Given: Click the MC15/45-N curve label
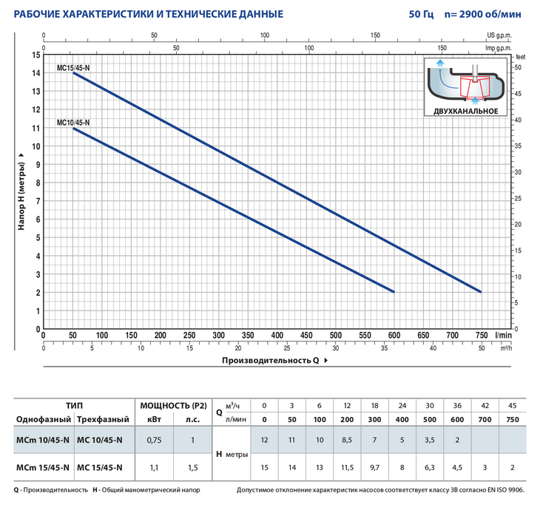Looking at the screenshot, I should tap(73, 67).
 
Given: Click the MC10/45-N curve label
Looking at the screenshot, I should tap(73, 123).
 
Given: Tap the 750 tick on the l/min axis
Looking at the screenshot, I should tap(482, 336).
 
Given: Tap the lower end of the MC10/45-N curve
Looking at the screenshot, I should tap(394, 292).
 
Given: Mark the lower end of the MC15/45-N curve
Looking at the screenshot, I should tap(481, 292).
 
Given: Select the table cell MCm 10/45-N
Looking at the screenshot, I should tap(43, 441).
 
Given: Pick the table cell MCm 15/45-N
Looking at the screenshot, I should tap(43, 466).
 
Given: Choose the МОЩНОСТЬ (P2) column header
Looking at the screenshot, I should tap(172, 406).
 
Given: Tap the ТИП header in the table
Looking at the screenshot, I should tap(74, 406).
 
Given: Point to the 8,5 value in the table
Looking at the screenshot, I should tap(348, 441).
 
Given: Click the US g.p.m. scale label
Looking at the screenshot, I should tap(500, 35).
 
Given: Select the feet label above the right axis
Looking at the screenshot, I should tap(520, 55).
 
